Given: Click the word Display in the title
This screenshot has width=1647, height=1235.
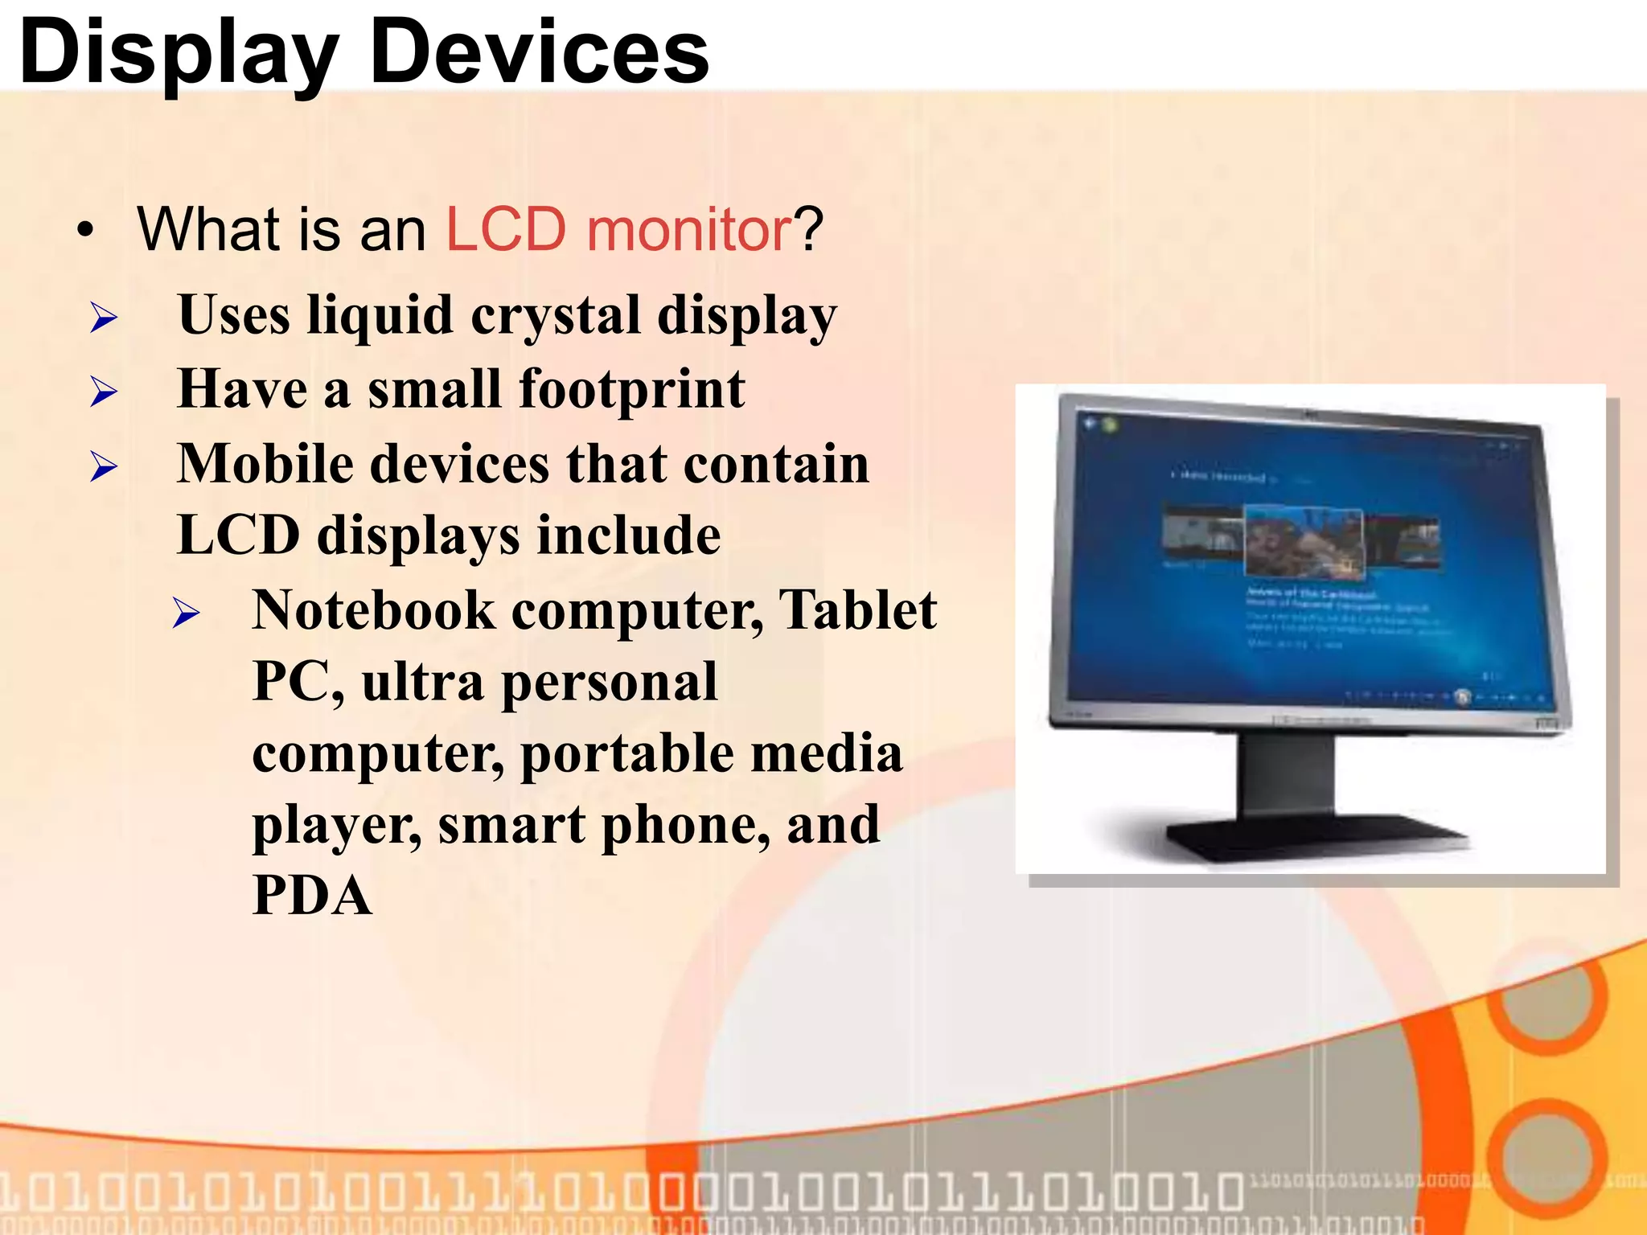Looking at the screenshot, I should (x=179, y=53).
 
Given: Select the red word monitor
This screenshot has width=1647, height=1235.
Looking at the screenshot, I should (x=689, y=230).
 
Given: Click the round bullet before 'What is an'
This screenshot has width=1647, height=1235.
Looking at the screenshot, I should (x=85, y=231).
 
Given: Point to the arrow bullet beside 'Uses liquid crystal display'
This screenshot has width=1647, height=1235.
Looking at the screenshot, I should (x=104, y=318).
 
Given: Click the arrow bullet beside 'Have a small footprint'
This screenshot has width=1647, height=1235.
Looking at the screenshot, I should (x=104, y=392).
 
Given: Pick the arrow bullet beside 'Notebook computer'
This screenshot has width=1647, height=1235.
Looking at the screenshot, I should (x=186, y=613).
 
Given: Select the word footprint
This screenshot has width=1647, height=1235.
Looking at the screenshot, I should (x=632, y=390).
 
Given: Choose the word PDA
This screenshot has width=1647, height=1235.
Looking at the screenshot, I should (x=312, y=896).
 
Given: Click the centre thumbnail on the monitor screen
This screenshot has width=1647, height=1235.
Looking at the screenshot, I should (x=1304, y=542).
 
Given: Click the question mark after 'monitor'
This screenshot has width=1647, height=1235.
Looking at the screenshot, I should (x=810, y=230).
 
